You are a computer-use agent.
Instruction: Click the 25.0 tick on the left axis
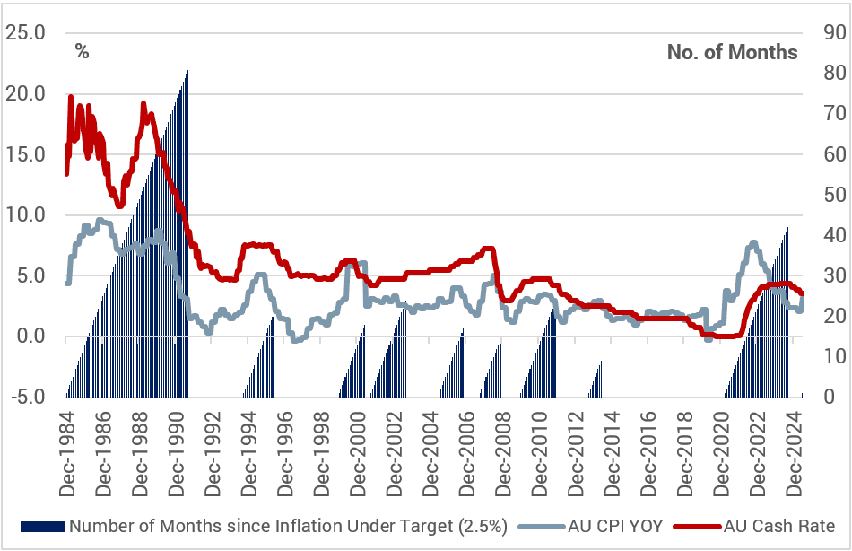point(25,32)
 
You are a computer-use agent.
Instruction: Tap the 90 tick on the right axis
point(835,32)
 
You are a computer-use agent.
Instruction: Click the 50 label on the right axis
point(835,194)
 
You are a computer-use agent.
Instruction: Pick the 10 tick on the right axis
point(835,356)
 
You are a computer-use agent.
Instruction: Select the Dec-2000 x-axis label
point(358,454)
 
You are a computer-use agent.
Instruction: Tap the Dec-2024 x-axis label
point(795,454)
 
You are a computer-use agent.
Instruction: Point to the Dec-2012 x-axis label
point(576,454)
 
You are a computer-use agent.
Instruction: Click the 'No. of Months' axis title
point(733,52)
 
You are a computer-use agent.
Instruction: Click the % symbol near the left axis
point(82,52)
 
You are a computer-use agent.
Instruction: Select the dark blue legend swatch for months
point(42,527)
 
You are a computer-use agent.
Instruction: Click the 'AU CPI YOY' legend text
point(615,527)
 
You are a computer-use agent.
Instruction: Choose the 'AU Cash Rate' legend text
point(779,527)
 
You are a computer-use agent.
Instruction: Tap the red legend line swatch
point(698,527)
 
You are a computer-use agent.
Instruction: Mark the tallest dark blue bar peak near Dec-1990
point(187,70)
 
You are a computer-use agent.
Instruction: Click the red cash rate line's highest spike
point(71,97)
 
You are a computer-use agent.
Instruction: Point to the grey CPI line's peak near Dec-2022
point(753,242)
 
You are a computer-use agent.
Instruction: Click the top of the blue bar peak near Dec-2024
point(787,227)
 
